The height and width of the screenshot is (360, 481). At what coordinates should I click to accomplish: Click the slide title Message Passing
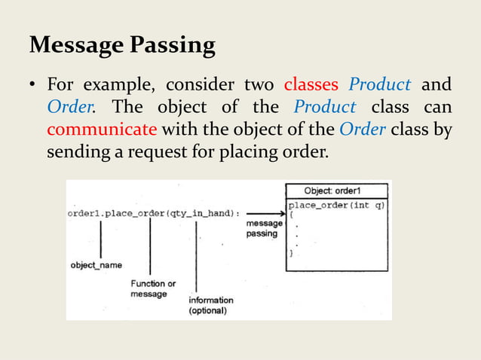[x=121, y=46]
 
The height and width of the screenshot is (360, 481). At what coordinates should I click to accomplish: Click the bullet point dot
[x=33, y=84]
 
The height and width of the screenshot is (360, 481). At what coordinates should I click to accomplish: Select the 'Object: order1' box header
[x=337, y=191]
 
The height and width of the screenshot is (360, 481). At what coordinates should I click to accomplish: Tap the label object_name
[x=97, y=265]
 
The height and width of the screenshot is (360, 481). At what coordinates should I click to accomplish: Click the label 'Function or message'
[x=153, y=288]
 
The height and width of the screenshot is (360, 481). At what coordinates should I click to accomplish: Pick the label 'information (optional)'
[x=210, y=305]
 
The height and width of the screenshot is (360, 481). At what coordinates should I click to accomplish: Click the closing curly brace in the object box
[x=292, y=255]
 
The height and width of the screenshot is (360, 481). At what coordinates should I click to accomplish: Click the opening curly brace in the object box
[x=292, y=215]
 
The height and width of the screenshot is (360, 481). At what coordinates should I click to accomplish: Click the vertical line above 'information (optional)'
[x=198, y=255]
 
